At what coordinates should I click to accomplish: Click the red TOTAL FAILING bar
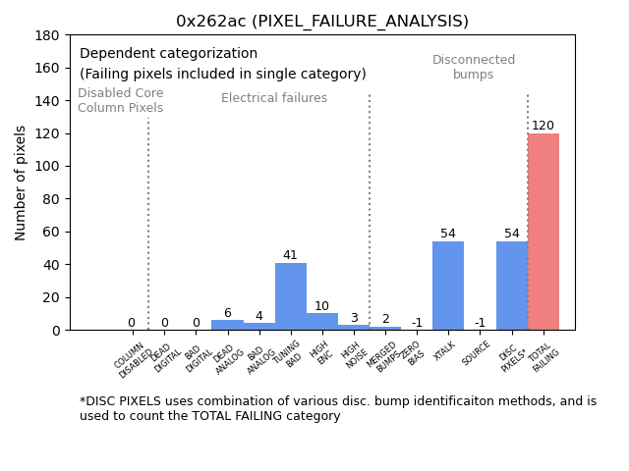click(x=543, y=232)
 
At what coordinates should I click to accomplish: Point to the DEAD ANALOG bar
click(x=227, y=325)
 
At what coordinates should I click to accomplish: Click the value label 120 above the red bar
click(x=543, y=126)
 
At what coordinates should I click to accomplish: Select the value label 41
click(x=290, y=255)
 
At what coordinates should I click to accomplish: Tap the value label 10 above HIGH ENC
click(x=321, y=306)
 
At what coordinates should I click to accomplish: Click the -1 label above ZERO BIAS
click(x=417, y=323)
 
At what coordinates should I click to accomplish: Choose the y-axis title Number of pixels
click(x=21, y=183)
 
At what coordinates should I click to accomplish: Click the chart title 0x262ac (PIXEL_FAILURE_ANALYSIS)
click(x=322, y=22)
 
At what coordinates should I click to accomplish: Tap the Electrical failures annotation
click(x=274, y=98)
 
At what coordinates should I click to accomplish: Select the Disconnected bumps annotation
click(x=474, y=68)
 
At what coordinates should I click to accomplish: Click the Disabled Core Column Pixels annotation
click(x=121, y=100)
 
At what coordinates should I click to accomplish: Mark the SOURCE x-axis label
click(x=477, y=352)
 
